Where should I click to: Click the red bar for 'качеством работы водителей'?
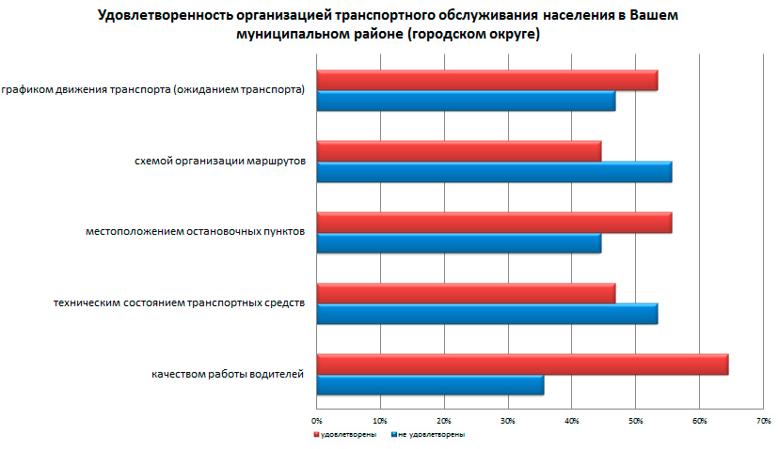522,364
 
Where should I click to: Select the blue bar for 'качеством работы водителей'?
430,385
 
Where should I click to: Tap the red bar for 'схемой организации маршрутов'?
458,151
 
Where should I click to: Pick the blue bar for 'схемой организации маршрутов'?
494,172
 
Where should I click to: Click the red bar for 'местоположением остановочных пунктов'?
494,222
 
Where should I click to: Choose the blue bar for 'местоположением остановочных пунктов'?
458,243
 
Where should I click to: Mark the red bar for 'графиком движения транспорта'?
486,80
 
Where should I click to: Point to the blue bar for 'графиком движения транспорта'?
466,101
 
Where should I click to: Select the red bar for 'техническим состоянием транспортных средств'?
466,293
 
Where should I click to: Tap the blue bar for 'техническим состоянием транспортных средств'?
486,314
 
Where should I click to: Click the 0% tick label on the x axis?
317,419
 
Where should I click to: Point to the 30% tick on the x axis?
508,419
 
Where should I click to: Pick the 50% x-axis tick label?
635,419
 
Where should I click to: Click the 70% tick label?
763,419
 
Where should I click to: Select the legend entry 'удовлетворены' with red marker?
346,435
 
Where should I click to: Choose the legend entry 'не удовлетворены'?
430,435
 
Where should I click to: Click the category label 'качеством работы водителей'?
228,375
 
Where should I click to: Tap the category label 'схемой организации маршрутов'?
220,162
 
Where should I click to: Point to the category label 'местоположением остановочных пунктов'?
195,232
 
